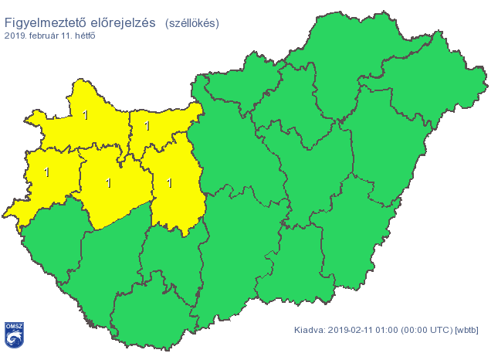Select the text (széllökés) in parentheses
pos(191,23)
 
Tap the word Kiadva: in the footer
pos(310,331)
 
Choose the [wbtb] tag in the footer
pos(468,331)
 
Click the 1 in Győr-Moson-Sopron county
pos(84,116)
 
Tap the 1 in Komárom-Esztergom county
pos(147,124)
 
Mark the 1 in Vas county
pos(46,172)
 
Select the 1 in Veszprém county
pos(108,183)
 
